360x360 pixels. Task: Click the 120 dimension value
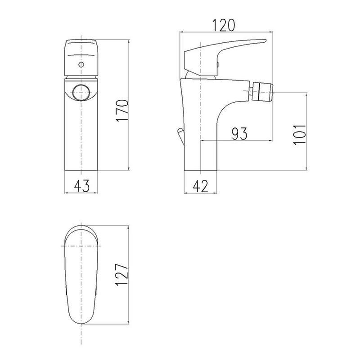coord(224,25)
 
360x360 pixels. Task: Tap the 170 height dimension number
coord(122,111)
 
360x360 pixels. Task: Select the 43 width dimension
coord(81,186)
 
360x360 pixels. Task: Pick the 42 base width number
coord(201,186)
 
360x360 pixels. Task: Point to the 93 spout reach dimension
coord(239,134)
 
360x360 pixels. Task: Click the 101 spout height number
coord(300,135)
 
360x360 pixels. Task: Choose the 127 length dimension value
coord(122,274)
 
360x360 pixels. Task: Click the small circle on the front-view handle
coord(81,64)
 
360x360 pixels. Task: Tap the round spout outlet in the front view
coord(81,93)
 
